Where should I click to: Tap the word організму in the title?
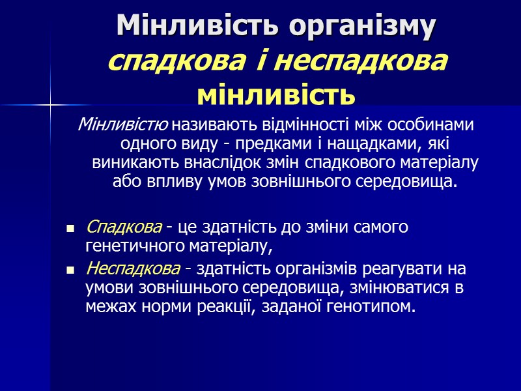click(x=353, y=27)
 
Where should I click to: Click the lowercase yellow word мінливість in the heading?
click(x=276, y=95)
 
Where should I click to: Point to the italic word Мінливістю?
click(x=122, y=124)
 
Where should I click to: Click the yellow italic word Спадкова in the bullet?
click(x=124, y=228)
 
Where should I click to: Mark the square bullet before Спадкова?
click(x=70, y=229)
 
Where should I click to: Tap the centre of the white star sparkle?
click(x=50, y=102)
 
